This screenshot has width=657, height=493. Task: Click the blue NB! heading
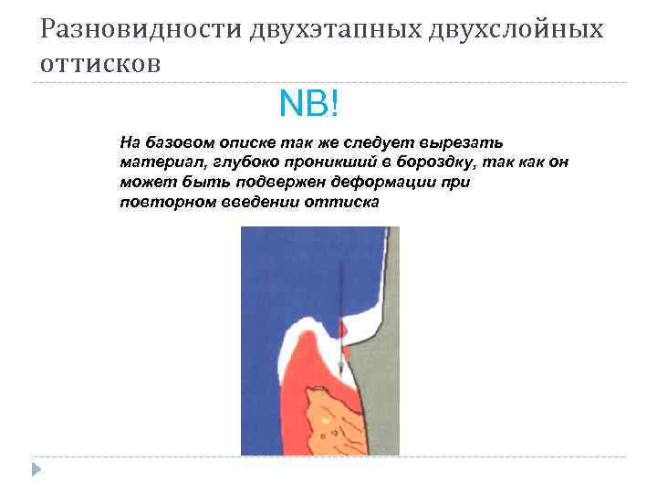click(x=309, y=105)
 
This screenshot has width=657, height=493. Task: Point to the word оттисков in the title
click(x=100, y=64)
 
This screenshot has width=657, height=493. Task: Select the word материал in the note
click(x=156, y=163)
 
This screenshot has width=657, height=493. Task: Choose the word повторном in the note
click(x=167, y=201)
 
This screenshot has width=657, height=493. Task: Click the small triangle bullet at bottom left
click(x=36, y=469)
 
